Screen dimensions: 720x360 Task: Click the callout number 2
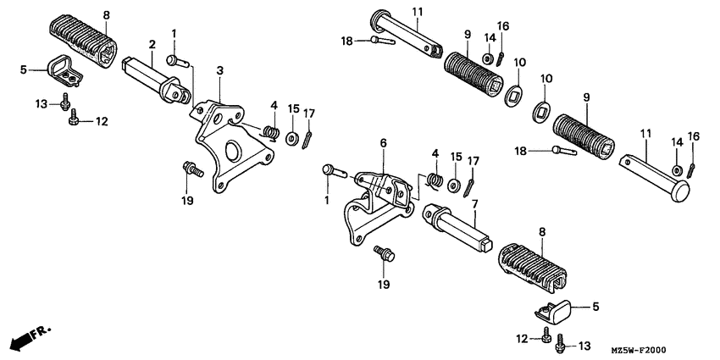(152, 45)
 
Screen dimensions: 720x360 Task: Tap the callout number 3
(220, 70)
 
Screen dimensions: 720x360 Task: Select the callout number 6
(383, 143)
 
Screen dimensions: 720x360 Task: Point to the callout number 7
(474, 203)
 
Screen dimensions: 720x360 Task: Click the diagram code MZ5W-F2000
(639, 350)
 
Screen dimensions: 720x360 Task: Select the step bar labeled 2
(157, 80)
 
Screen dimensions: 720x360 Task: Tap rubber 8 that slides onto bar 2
(83, 41)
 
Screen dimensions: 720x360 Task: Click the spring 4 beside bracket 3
(273, 132)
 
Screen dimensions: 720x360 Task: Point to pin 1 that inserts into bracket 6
(335, 172)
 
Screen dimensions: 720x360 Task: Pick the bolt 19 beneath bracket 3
(193, 169)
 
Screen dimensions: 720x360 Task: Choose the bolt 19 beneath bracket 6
(385, 253)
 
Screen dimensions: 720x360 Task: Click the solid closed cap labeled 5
(553, 310)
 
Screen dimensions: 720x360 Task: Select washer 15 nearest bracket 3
(291, 138)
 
